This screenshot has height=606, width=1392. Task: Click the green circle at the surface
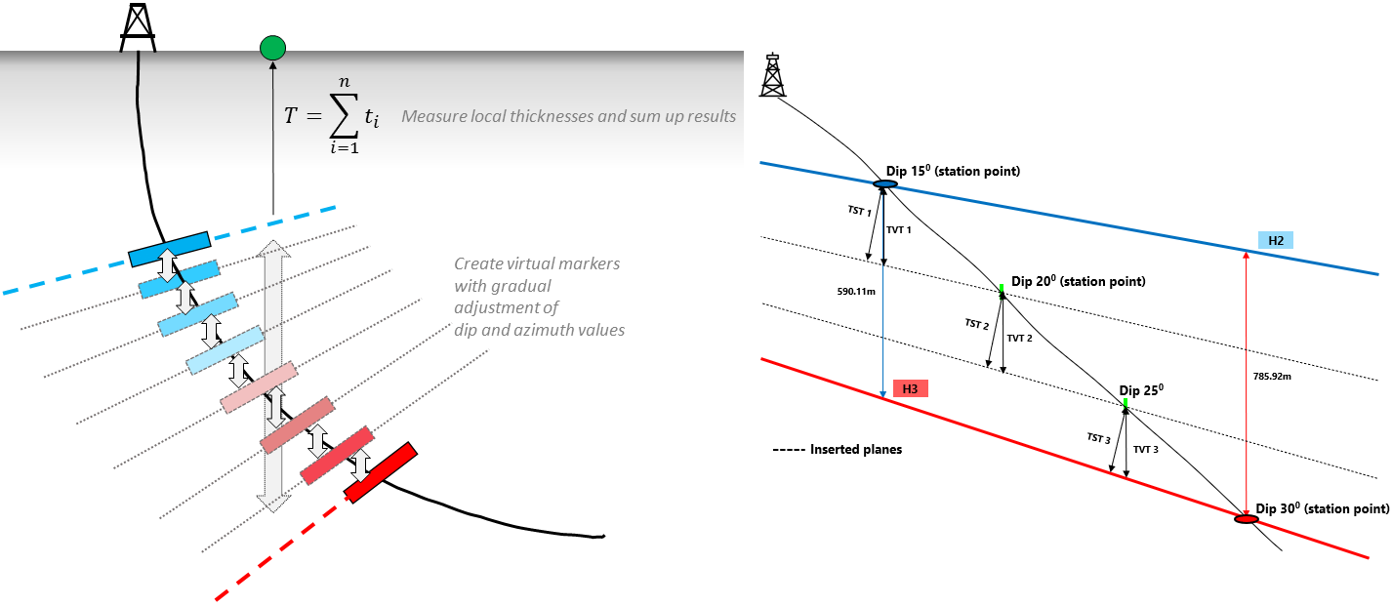click(x=272, y=47)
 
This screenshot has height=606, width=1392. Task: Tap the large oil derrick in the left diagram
click(x=138, y=26)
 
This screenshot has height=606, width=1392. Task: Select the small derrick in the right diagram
click(x=773, y=74)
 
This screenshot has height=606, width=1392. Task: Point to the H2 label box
click(x=1276, y=239)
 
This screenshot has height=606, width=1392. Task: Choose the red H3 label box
click(x=910, y=388)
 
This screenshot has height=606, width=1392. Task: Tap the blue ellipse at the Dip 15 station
click(x=884, y=183)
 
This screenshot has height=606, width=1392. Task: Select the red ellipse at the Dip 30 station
click(x=1246, y=519)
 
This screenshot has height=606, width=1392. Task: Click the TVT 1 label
click(x=898, y=230)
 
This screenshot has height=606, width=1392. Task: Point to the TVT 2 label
click(x=1019, y=338)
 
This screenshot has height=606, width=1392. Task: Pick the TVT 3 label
click(x=1146, y=449)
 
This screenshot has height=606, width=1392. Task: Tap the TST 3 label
click(x=1098, y=438)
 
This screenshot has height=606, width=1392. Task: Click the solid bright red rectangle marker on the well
click(x=380, y=473)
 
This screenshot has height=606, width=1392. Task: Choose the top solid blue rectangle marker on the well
click(x=169, y=249)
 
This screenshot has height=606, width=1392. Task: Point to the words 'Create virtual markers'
click(x=537, y=264)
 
